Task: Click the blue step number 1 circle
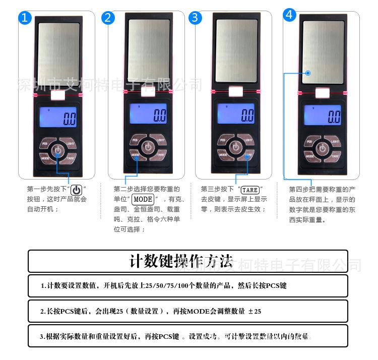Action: click(x=25, y=19)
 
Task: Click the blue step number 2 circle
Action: click(x=108, y=18)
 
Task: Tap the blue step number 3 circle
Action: click(x=196, y=18)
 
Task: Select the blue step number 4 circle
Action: click(x=289, y=15)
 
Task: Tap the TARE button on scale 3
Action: click(x=247, y=156)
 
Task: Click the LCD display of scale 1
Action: click(x=58, y=117)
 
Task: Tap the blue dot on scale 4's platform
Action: click(x=308, y=73)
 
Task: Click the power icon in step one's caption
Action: click(x=76, y=190)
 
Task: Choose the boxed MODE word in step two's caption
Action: click(x=143, y=199)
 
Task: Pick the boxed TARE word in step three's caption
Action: click(x=250, y=190)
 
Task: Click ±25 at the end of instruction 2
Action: click(x=255, y=312)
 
